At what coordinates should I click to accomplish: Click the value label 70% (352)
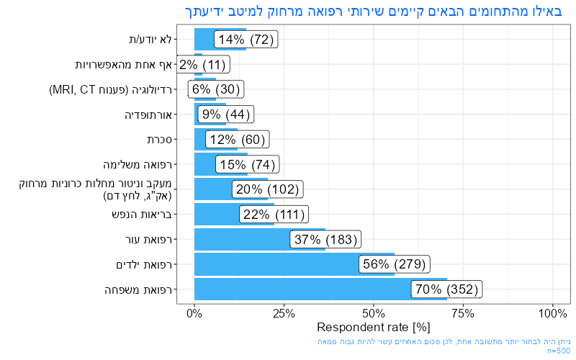446,289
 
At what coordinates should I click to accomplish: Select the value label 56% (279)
394,264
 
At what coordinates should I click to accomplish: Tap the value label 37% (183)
324,239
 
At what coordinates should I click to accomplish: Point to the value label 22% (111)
274,215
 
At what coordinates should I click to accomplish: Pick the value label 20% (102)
266,189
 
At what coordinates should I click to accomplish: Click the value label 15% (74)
248,165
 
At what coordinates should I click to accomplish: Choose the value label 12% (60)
238,140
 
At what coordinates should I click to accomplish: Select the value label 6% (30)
215,89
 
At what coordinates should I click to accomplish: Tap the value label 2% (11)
202,65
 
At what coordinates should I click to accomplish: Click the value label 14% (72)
247,40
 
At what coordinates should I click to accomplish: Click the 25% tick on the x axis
284,314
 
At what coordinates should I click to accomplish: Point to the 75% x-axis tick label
463,314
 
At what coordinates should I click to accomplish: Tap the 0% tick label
194,314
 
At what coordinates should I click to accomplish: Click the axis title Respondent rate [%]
373,328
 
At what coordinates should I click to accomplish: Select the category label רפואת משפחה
146,289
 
